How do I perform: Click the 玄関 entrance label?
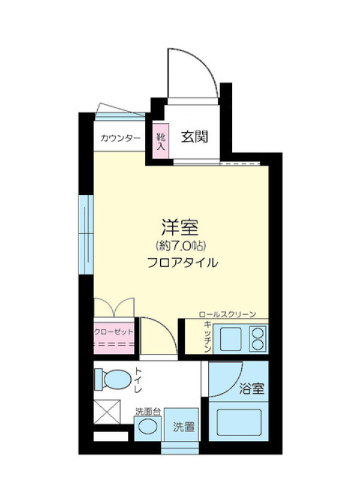194,137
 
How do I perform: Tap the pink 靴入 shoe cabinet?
161,141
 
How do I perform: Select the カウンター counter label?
121,139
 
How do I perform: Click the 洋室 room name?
179,227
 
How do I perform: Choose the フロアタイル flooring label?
182,263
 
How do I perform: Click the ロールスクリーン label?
227,314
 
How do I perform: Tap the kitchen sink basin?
230,339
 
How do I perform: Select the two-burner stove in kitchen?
258,339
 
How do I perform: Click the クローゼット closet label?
114,332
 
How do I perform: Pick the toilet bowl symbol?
113,379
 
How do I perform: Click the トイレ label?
138,380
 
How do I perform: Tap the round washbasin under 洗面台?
148,427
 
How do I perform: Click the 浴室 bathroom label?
251,388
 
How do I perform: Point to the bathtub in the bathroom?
239,422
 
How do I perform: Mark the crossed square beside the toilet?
107,412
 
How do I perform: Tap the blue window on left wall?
86,235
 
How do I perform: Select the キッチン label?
208,337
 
